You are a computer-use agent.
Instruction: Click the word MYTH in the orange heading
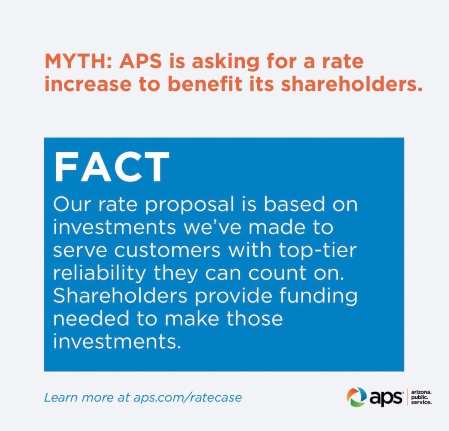click(x=77, y=62)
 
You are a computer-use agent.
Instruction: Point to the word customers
click(x=168, y=250)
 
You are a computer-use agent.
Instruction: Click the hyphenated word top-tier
click(x=318, y=251)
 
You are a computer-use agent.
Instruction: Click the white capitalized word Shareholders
click(x=120, y=296)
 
